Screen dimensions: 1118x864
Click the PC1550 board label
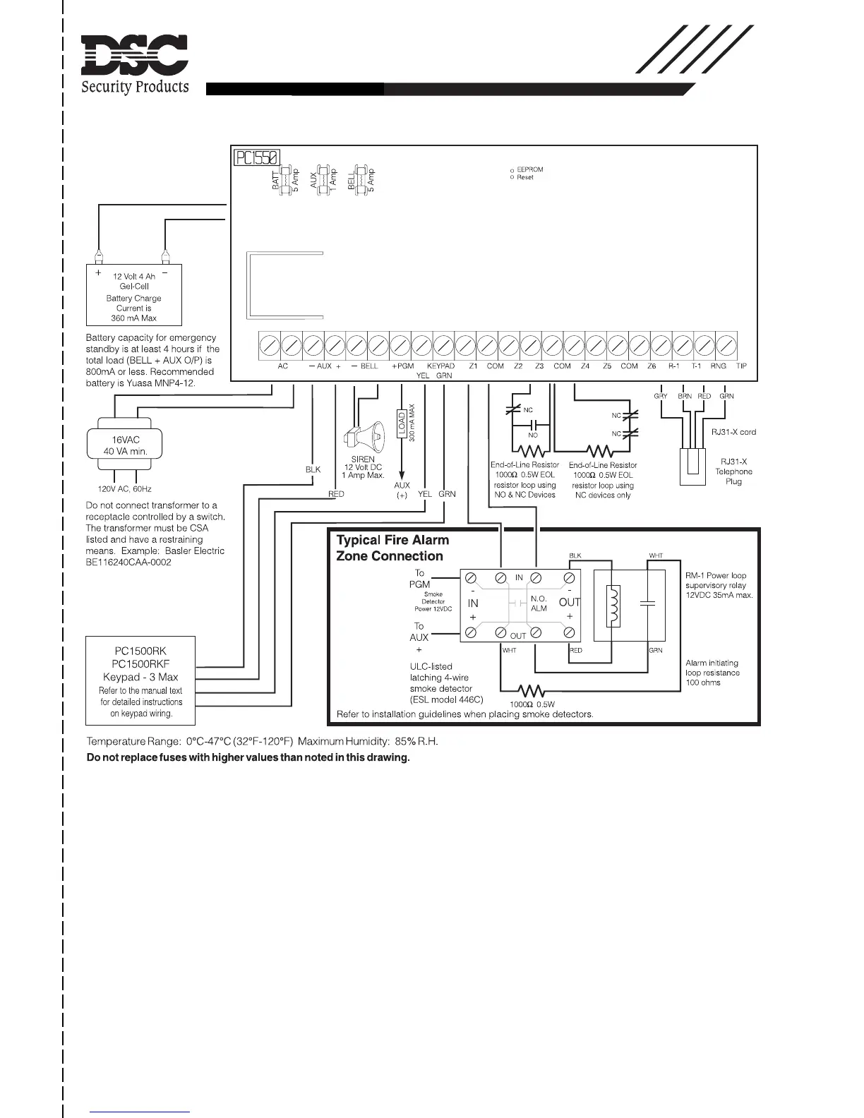(257, 157)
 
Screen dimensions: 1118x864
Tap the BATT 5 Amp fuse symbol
(286, 181)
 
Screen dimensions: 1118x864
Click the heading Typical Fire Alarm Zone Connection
(392, 548)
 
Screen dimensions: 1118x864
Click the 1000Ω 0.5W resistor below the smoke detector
(532, 691)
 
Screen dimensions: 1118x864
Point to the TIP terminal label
(741, 366)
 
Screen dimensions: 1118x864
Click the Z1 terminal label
(473, 366)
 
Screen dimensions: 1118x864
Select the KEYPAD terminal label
(441, 366)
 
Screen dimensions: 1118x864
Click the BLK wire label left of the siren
(313, 469)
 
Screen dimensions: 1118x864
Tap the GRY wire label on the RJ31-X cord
(661, 396)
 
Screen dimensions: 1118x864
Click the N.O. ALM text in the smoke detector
(539, 603)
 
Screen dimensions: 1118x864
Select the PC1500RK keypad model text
(140, 651)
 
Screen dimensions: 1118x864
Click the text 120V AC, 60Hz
(124, 488)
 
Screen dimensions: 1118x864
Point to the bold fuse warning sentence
(248, 757)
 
